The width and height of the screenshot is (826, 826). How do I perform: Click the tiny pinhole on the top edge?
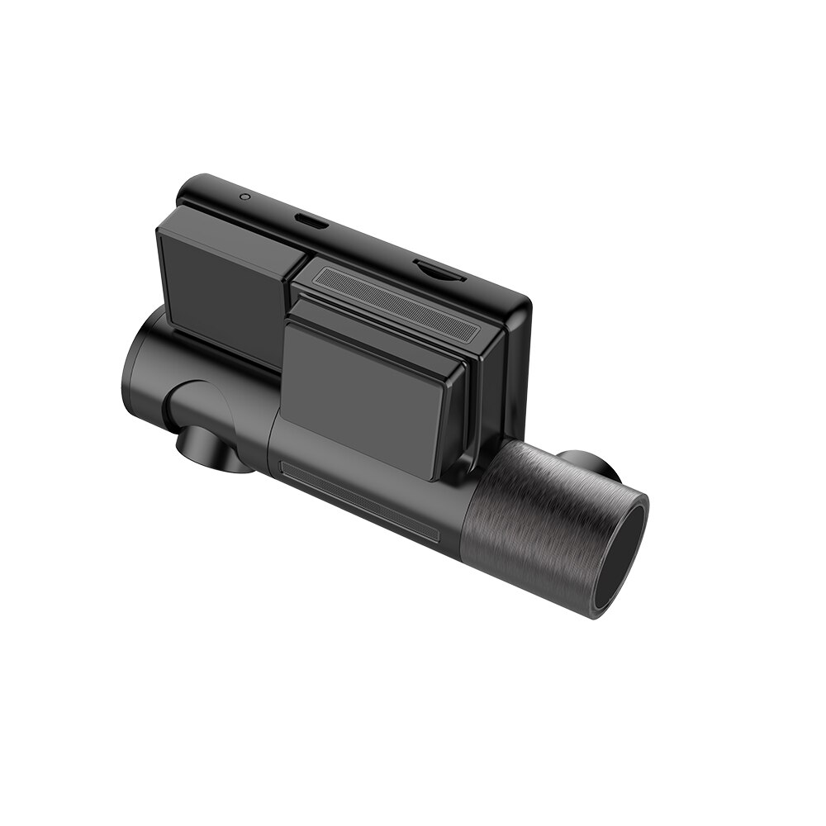click(x=244, y=197)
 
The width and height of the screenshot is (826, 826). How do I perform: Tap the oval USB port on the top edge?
click(x=312, y=221)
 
